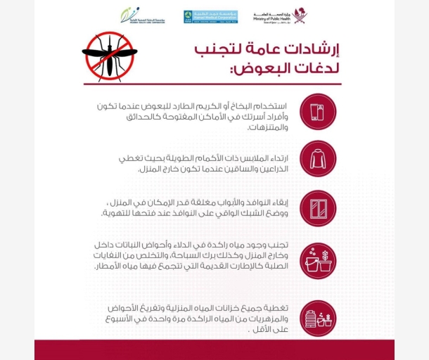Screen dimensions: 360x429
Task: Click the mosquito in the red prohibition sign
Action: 108,56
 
